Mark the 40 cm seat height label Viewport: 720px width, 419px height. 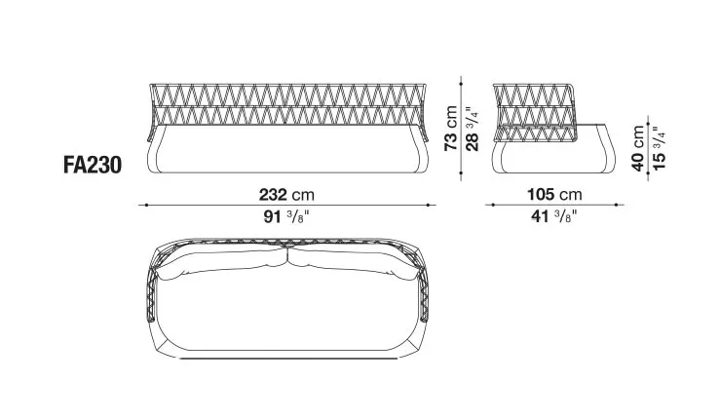point(638,147)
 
